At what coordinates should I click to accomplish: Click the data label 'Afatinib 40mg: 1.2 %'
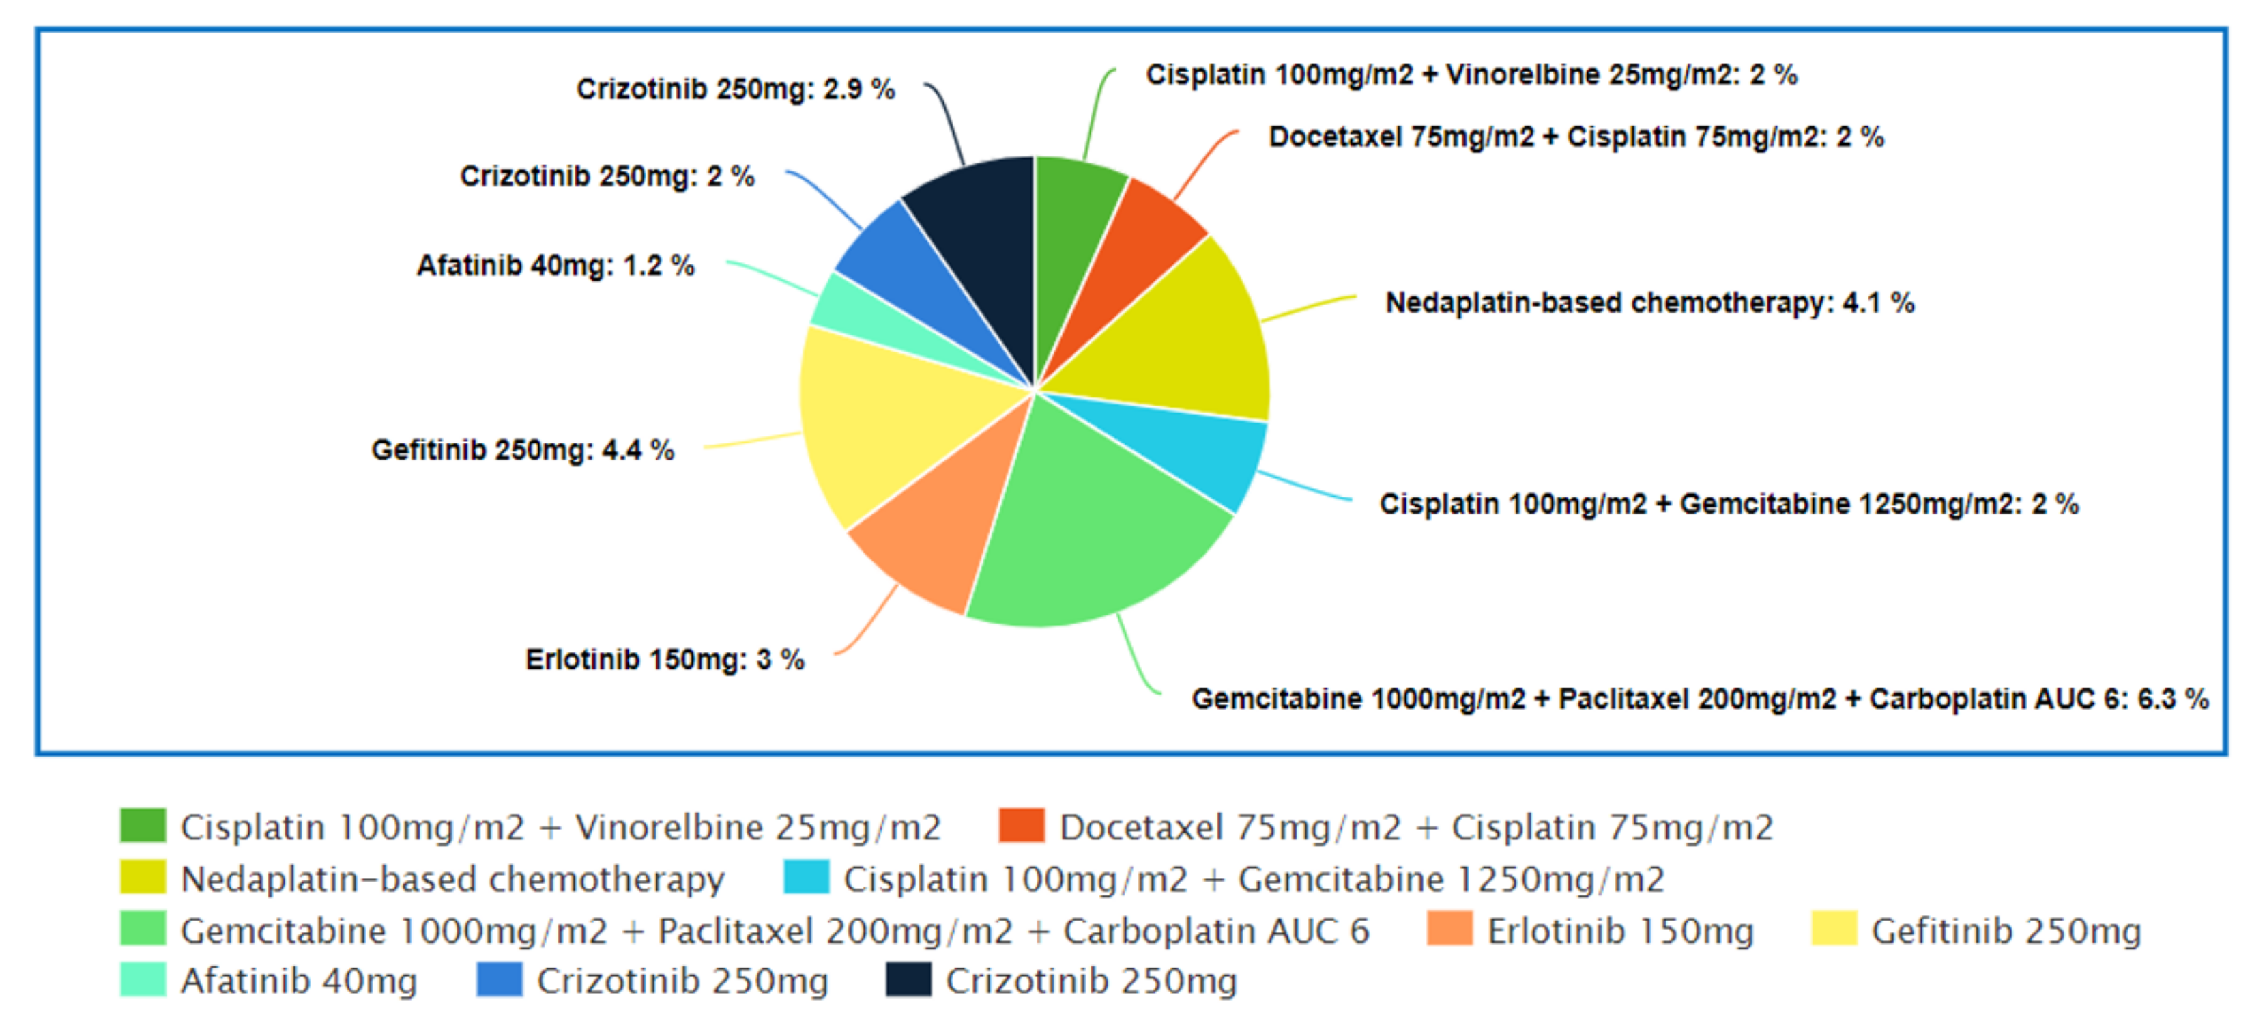coord(555,265)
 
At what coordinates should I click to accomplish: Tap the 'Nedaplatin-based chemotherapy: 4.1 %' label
coord(1649,303)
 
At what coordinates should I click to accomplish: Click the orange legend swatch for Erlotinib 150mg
coord(1449,929)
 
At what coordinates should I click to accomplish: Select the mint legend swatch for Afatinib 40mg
coord(143,979)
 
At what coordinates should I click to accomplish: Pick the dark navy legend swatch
coord(908,979)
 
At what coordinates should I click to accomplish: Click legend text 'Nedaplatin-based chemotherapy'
coord(452,879)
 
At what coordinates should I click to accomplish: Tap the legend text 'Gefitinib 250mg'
coord(2006,931)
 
